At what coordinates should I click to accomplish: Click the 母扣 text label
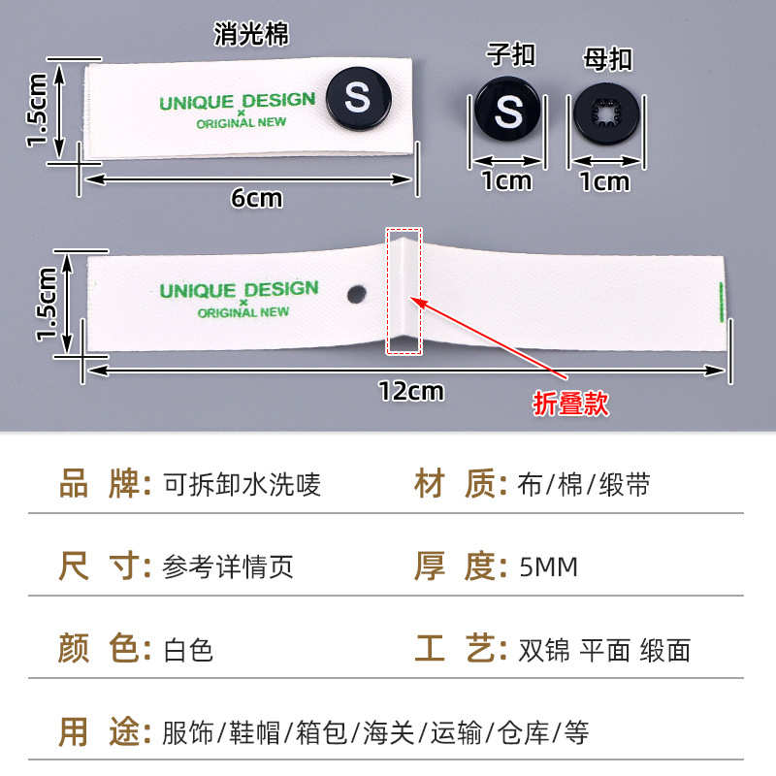[x=608, y=58]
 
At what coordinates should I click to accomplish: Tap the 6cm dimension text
[x=256, y=198]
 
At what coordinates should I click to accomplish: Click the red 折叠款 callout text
[x=571, y=404]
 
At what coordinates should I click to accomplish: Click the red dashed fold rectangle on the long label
[x=404, y=291]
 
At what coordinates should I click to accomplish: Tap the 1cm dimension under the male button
[x=507, y=180]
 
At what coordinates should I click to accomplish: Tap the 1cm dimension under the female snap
[x=604, y=180]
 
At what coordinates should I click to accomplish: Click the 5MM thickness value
[x=549, y=566]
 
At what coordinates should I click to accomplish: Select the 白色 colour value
[x=188, y=650]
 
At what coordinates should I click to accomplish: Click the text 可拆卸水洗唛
[x=242, y=484]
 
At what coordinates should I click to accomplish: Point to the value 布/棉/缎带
[x=585, y=484]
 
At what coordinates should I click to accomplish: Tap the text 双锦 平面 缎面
[x=604, y=650]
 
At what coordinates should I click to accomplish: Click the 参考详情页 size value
[x=229, y=566]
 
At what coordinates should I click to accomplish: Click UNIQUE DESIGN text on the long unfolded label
[x=239, y=290]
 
